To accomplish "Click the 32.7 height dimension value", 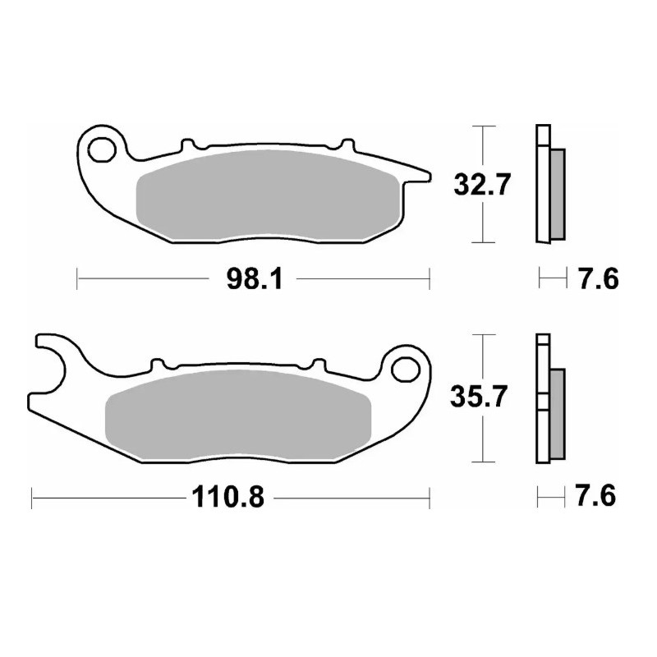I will tap(483, 185).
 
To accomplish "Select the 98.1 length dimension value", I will tap(252, 279).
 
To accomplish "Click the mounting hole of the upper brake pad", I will tap(103, 149).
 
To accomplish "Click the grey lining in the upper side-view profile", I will tap(556, 191).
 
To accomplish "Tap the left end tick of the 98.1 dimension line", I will tap(76, 279).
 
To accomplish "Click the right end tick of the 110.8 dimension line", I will tap(430, 497).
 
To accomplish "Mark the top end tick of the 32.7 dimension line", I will tap(483, 126).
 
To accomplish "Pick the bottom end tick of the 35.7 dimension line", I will tap(483, 462).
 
